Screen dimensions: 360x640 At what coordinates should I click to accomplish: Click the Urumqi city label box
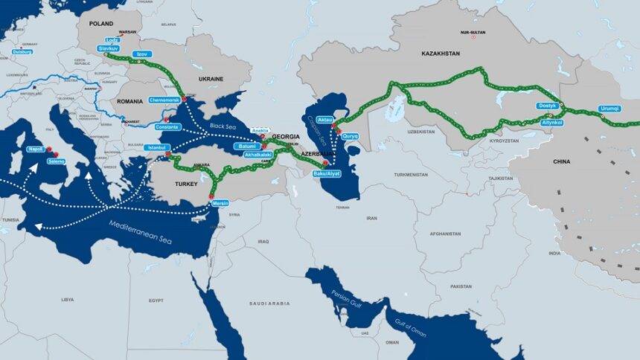(x=609, y=109)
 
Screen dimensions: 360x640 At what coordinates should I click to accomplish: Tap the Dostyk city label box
(x=547, y=106)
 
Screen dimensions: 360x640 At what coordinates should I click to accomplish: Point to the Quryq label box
(x=350, y=135)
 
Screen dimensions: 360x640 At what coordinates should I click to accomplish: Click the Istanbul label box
(x=158, y=147)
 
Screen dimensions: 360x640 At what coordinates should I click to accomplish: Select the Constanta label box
(x=168, y=126)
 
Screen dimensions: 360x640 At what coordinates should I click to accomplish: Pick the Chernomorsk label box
(x=164, y=99)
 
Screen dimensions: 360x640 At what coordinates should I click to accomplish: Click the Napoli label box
(x=35, y=149)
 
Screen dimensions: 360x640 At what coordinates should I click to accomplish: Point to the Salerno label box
(x=56, y=161)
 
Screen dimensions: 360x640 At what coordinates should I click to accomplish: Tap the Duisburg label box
(x=22, y=52)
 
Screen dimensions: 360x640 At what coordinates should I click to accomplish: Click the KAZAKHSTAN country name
(x=441, y=54)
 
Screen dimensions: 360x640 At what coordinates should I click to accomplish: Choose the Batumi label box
(x=246, y=147)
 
